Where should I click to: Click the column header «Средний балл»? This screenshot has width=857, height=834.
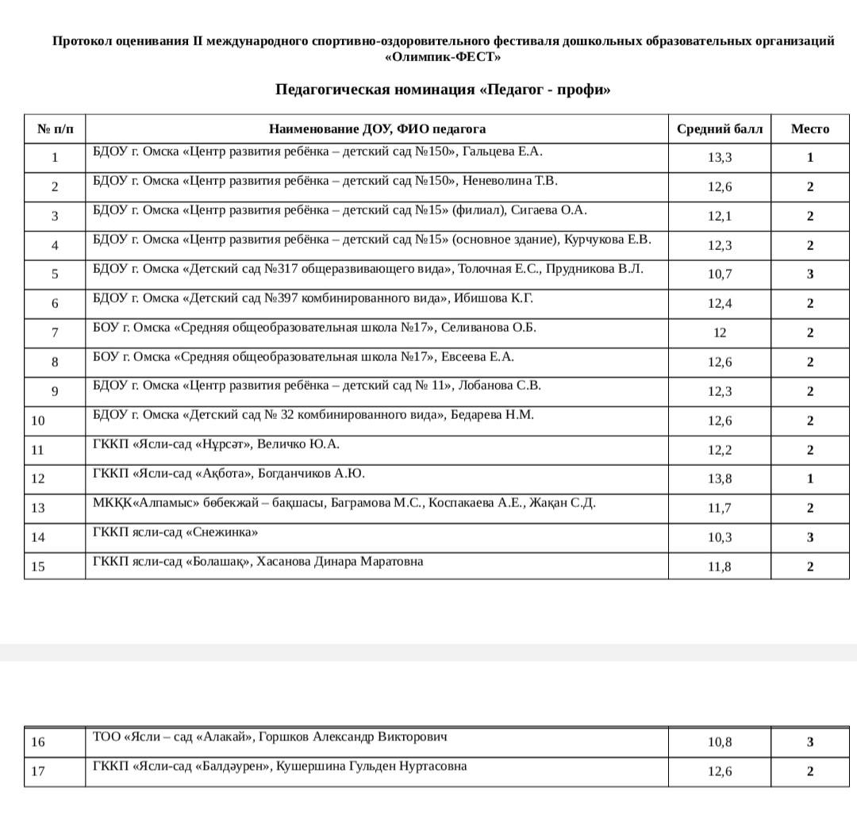(x=719, y=129)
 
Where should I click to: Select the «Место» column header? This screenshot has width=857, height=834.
(x=809, y=129)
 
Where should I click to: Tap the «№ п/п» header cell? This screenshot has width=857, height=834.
(x=55, y=129)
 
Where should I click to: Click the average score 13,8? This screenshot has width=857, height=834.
(x=719, y=478)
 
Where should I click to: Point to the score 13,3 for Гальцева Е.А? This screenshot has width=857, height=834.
(x=719, y=157)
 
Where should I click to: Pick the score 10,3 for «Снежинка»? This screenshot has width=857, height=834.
(x=719, y=537)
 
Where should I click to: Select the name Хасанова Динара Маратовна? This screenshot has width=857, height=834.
(x=340, y=562)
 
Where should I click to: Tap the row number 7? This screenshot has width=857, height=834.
(x=55, y=333)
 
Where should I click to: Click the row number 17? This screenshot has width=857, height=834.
(x=38, y=771)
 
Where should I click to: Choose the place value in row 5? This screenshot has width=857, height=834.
(x=810, y=275)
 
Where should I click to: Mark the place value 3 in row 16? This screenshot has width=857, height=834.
(x=810, y=742)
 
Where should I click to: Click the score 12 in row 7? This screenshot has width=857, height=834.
(x=719, y=333)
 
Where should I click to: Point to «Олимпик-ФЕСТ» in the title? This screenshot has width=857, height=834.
(x=443, y=56)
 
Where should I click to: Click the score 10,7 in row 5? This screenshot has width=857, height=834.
(x=719, y=275)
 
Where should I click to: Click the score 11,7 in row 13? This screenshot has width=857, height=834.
(x=719, y=508)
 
